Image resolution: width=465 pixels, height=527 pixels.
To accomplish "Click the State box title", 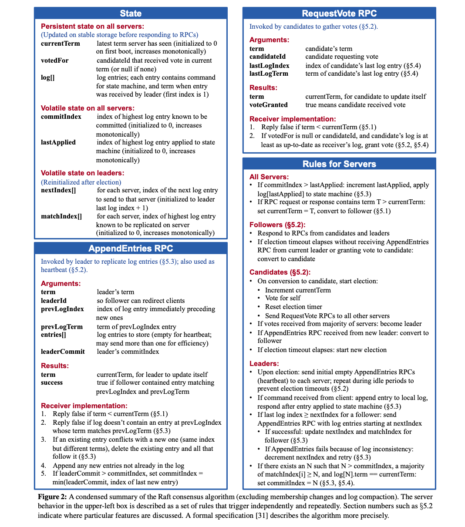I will (131, 13).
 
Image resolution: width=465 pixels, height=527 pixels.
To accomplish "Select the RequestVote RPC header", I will (339, 13).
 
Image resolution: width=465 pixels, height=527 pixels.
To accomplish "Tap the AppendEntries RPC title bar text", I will (131, 248).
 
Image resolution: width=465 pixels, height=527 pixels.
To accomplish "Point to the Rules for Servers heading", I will (339, 164).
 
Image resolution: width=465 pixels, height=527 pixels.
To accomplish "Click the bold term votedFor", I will (54, 60).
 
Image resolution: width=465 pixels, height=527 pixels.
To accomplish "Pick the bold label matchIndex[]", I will (61, 216).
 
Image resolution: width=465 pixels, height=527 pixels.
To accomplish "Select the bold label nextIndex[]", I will (58, 190).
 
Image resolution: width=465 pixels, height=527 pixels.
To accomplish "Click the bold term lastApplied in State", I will (58, 142).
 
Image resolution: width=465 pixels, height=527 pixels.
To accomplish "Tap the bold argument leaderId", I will (54, 301).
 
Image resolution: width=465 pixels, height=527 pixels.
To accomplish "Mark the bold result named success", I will (52, 383).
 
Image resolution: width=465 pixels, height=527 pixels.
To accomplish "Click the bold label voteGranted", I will (268, 105).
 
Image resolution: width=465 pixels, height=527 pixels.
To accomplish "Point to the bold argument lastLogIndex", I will (269, 66).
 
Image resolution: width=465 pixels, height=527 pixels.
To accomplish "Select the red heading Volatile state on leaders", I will (82, 173).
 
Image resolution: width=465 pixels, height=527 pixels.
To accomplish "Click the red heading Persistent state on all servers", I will (92, 26).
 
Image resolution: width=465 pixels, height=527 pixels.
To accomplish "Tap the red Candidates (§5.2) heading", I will (280, 272).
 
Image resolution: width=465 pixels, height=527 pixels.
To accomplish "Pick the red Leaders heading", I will (264, 363).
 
